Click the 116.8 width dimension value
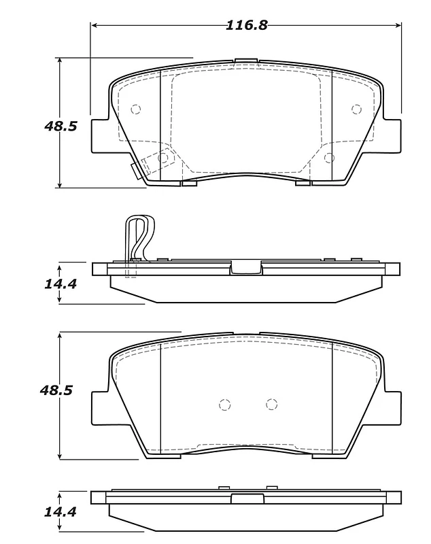pos(247,25)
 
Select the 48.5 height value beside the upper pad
pos(61,126)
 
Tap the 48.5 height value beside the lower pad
pos(56,390)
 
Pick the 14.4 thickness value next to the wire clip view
pos(61,284)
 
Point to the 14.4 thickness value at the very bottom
pos(60,512)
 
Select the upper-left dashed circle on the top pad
pos(135,109)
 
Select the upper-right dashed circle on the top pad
pos(356,109)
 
